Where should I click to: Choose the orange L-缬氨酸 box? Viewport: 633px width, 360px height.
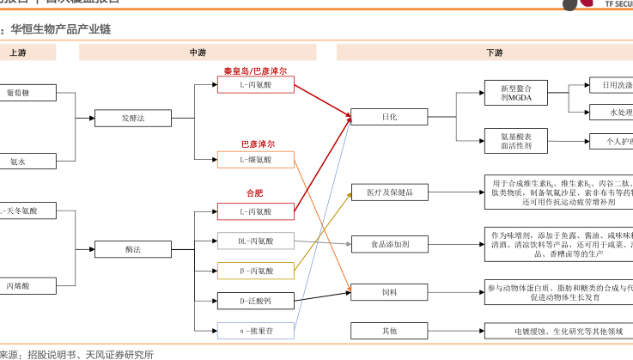point(255,160)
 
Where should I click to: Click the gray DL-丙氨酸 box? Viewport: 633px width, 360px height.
point(255,241)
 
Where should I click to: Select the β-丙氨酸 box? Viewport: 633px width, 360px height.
point(255,271)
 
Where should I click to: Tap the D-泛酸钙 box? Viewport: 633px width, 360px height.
point(255,301)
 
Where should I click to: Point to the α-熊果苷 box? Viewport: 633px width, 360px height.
point(255,330)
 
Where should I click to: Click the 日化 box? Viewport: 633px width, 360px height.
point(389,117)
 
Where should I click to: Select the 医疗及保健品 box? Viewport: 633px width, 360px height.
point(389,192)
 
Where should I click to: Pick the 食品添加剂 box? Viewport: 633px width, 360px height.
point(389,244)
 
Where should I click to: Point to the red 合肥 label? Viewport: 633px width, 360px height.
point(255,192)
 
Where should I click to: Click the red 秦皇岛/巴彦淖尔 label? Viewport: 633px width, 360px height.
point(255,70)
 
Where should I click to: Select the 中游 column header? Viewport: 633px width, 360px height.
point(198,52)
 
